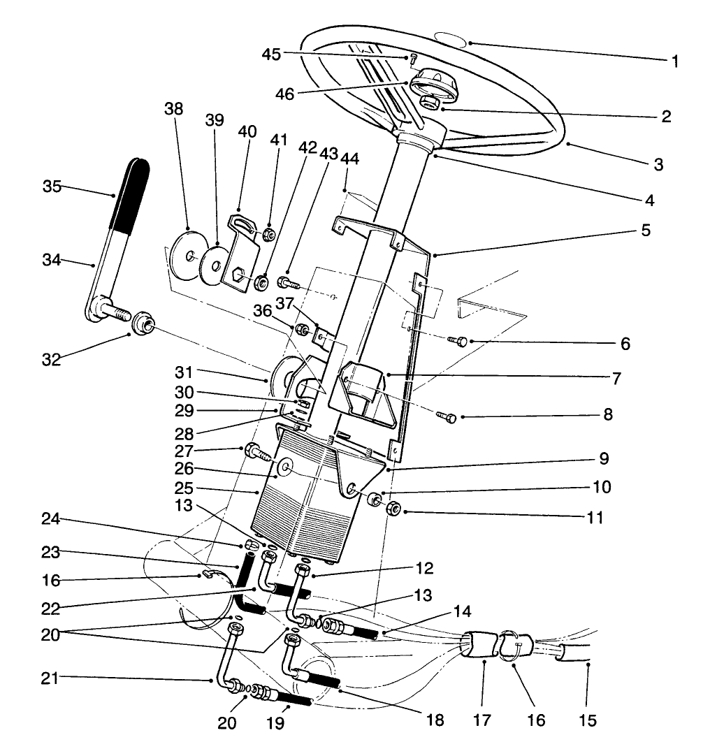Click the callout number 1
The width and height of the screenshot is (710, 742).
point(674,61)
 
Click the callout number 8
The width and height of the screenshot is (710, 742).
point(607,414)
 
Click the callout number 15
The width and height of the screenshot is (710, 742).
point(588,720)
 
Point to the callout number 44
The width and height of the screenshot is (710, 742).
point(349,159)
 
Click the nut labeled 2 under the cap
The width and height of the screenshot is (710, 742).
point(429,105)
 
